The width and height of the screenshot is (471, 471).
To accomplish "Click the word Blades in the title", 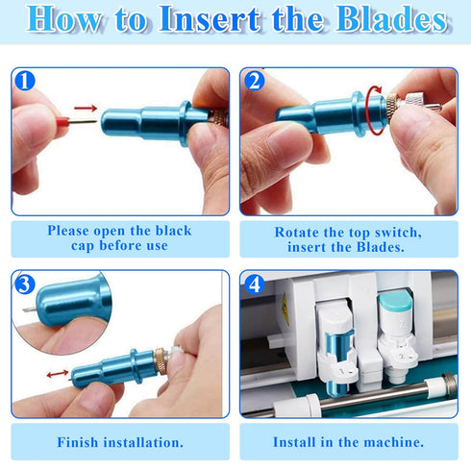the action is [x=391, y=18].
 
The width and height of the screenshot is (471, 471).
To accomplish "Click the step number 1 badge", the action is [x=25, y=81].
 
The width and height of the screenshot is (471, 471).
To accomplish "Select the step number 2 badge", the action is [x=255, y=81].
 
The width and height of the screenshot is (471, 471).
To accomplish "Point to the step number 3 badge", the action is [x=25, y=284].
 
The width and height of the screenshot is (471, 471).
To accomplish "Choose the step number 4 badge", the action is [x=255, y=284].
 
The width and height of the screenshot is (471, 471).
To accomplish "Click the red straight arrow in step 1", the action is [x=86, y=108].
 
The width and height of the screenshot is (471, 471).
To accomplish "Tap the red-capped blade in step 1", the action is [x=76, y=122].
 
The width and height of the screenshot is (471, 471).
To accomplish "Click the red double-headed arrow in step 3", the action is [x=58, y=374].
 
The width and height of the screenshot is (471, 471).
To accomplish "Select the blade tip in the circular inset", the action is [x=30, y=310].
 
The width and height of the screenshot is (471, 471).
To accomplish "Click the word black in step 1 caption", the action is [x=173, y=231].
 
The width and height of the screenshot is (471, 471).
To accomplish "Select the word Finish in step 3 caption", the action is [x=78, y=442].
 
